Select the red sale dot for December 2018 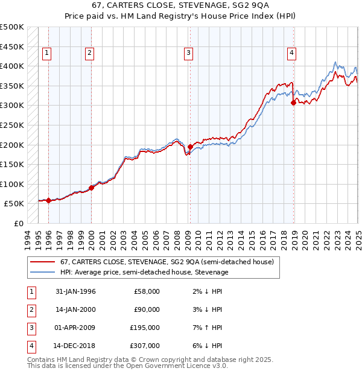click(x=293, y=103)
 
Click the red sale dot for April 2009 click(x=190, y=147)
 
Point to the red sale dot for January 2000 click(x=91, y=188)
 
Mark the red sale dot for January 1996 click(x=48, y=200)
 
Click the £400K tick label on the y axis click(x=12, y=66)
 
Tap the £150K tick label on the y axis click(x=12, y=164)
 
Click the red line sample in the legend click(x=43, y=262)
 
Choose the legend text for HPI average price click(x=144, y=273)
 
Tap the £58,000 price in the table click(x=147, y=291)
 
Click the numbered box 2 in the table click(x=30, y=309)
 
